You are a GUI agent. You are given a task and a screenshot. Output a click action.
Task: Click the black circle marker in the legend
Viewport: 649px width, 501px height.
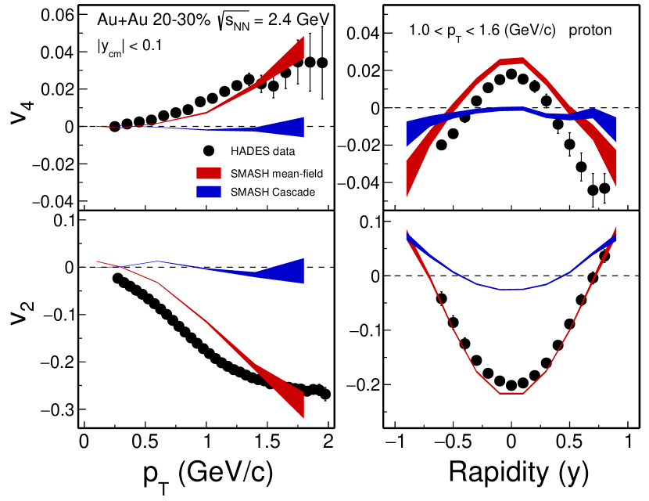pyautogui.click(x=209, y=150)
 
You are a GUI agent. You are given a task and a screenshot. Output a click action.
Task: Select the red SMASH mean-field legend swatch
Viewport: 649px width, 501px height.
pyautogui.click(x=209, y=171)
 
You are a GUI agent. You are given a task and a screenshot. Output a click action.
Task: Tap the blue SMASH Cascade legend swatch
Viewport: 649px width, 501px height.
pyautogui.click(x=209, y=192)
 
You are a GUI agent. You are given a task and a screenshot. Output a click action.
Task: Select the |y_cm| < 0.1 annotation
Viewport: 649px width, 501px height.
pyautogui.click(x=130, y=46)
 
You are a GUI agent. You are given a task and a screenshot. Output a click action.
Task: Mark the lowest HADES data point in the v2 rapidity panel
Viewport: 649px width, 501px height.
pyautogui.click(x=511, y=384)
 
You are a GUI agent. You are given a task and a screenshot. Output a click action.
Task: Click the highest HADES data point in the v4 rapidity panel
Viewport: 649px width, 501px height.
pyautogui.click(x=511, y=74)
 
